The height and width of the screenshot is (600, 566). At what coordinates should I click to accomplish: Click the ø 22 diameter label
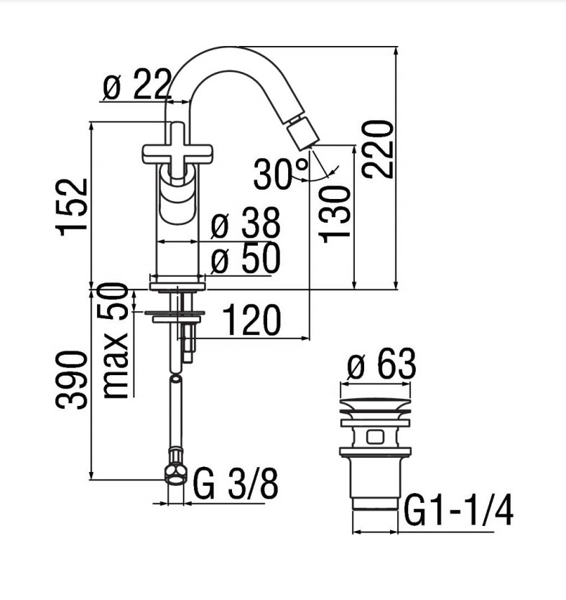pos(136,84)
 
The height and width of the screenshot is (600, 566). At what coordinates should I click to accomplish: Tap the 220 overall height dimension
pos(378,149)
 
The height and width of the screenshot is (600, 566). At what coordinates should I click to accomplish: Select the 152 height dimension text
pos(72,207)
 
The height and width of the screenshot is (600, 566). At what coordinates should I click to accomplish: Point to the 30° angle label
pos(280,175)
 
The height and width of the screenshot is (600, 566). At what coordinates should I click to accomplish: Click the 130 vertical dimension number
pos(335,214)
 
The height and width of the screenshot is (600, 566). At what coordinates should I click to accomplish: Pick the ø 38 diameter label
pos(246,222)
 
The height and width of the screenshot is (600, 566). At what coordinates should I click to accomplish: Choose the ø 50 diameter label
pos(246,257)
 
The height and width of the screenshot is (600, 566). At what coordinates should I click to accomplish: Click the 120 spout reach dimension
pos(251,320)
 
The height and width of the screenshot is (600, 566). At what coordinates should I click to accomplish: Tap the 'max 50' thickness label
pos(116,341)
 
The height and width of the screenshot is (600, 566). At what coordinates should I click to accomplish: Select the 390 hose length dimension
pos(72,380)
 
